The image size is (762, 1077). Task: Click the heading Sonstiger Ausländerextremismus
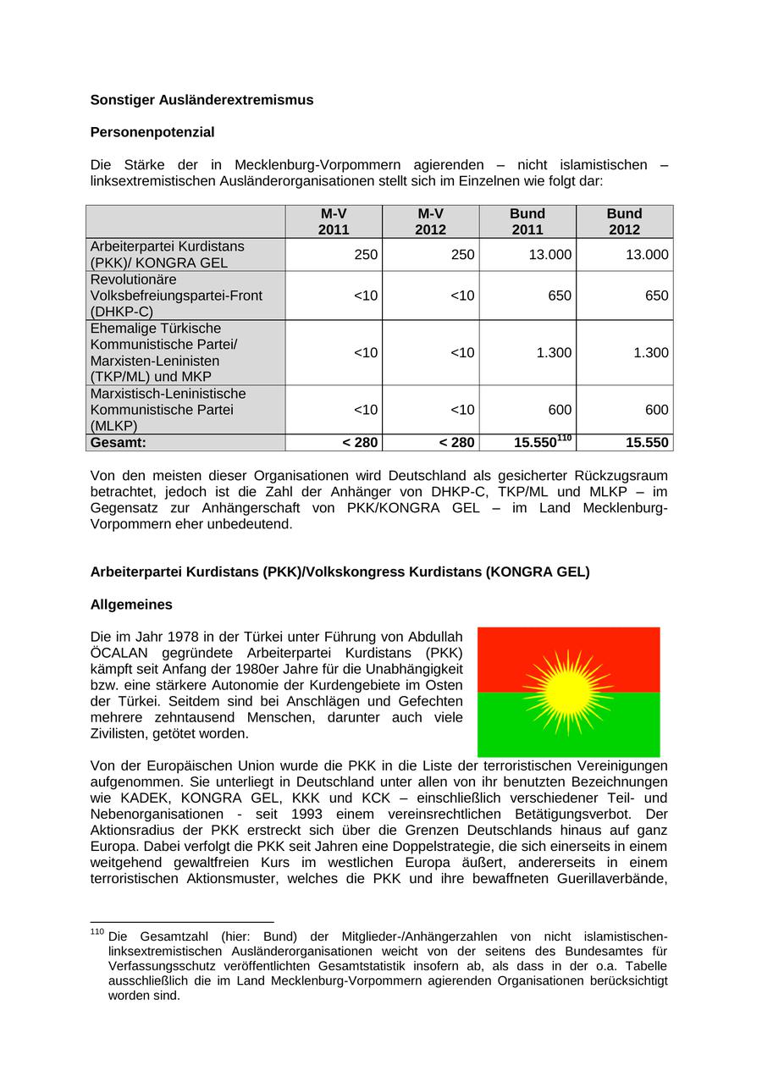tap(202, 100)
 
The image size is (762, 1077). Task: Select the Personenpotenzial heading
tap(152, 132)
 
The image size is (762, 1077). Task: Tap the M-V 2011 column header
tap(334, 221)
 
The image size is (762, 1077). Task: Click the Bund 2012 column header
tap(624, 221)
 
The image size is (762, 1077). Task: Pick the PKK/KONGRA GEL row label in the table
tap(167, 254)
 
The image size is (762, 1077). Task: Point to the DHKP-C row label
tap(176, 295)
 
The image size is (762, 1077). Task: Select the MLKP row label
tap(168, 410)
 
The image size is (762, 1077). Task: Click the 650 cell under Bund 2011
tap(560, 295)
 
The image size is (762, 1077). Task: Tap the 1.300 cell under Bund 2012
tap(651, 353)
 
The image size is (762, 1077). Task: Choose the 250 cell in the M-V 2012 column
tap(462, 255)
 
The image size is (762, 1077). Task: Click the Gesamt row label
tap(119, 442)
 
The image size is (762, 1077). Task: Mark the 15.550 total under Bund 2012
tap(647, 443)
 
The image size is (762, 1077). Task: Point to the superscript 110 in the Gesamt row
tap(565, 438)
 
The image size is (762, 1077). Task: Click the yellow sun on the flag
tap(568, 693)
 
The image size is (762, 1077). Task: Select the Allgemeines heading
tap(131, 605)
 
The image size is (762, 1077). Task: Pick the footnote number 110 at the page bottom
tap(97, 932)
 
